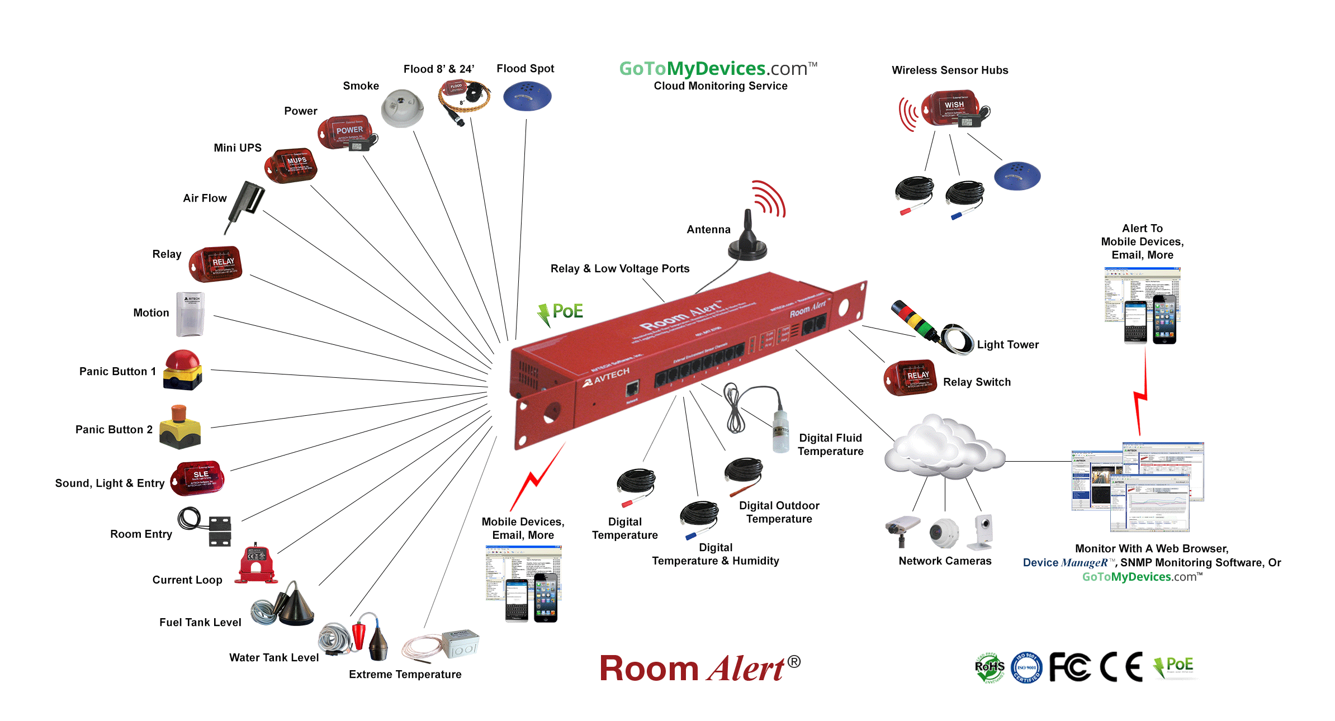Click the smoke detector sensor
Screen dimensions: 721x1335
click(x=402, y=108)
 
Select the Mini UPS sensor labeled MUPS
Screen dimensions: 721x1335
click(x=291, y=165)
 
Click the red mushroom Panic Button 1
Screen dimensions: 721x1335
click(x=183, y=369)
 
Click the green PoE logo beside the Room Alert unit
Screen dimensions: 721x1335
click(x=561, y=313)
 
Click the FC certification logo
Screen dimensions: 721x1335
click(x=1069, y=666)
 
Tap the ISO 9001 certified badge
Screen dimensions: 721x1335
click(x=1026, y=667)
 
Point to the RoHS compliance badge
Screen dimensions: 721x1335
click(x=990, y=667)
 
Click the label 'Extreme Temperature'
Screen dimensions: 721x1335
click(x=405, y=675)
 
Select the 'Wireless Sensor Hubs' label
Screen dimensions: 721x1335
click(x=950, y=70)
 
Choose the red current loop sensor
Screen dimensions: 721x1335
click(x=257, y=565)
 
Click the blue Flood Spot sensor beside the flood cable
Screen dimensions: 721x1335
click(x=527, y=97)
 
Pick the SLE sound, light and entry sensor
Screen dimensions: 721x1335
click(x=198, y=478)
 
